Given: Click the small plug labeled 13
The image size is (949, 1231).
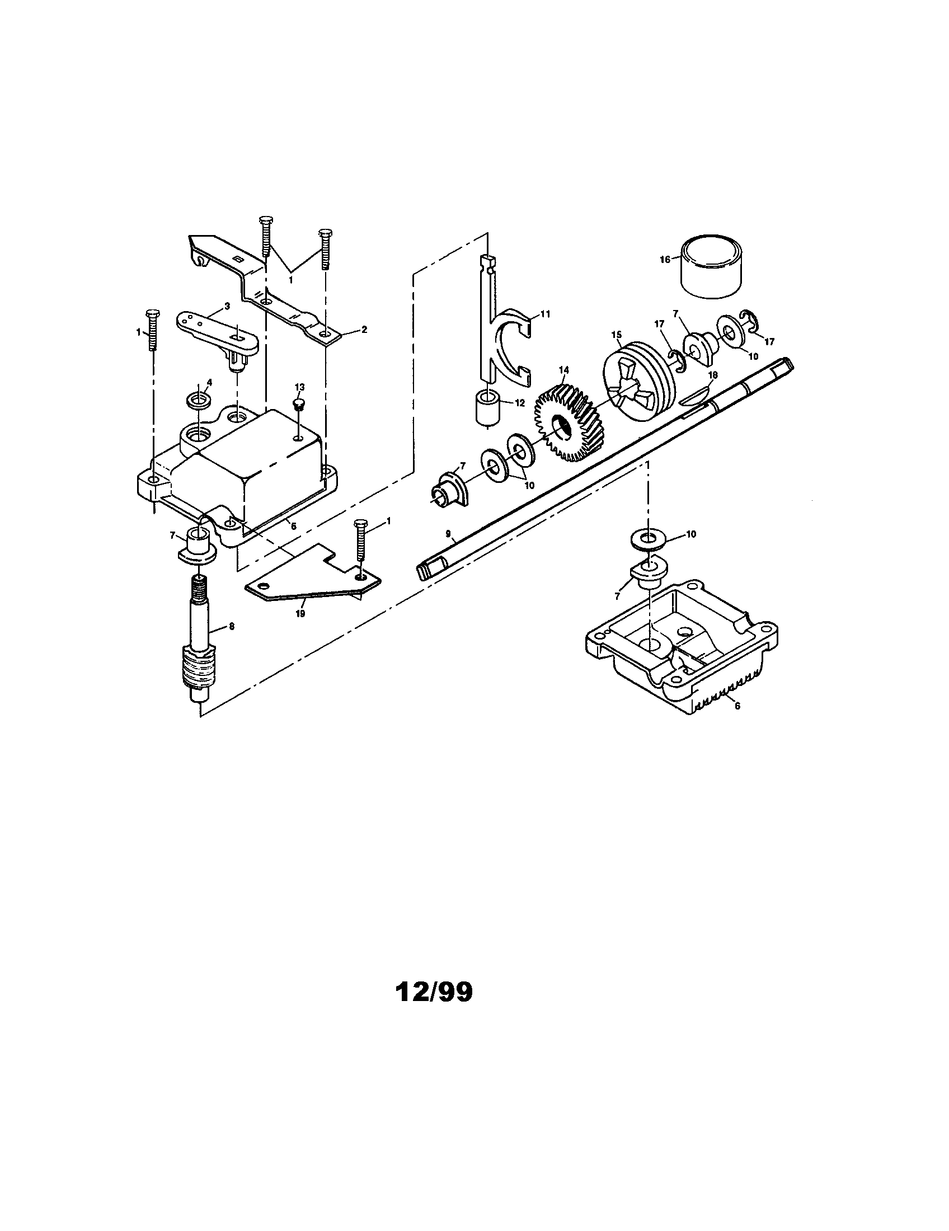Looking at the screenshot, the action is pyautogui.click(x=299, y=405).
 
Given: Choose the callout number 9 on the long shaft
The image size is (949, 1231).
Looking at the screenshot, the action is pyautogui.click(x=448, y=534).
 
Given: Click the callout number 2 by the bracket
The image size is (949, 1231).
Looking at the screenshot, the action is pyautogui.click(x=364, y=330).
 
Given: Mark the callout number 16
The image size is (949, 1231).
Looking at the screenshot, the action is pyautogui.click(x=665, y=259).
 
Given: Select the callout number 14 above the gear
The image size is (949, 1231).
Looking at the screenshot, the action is pyautogui.click(x=564, y=370).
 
